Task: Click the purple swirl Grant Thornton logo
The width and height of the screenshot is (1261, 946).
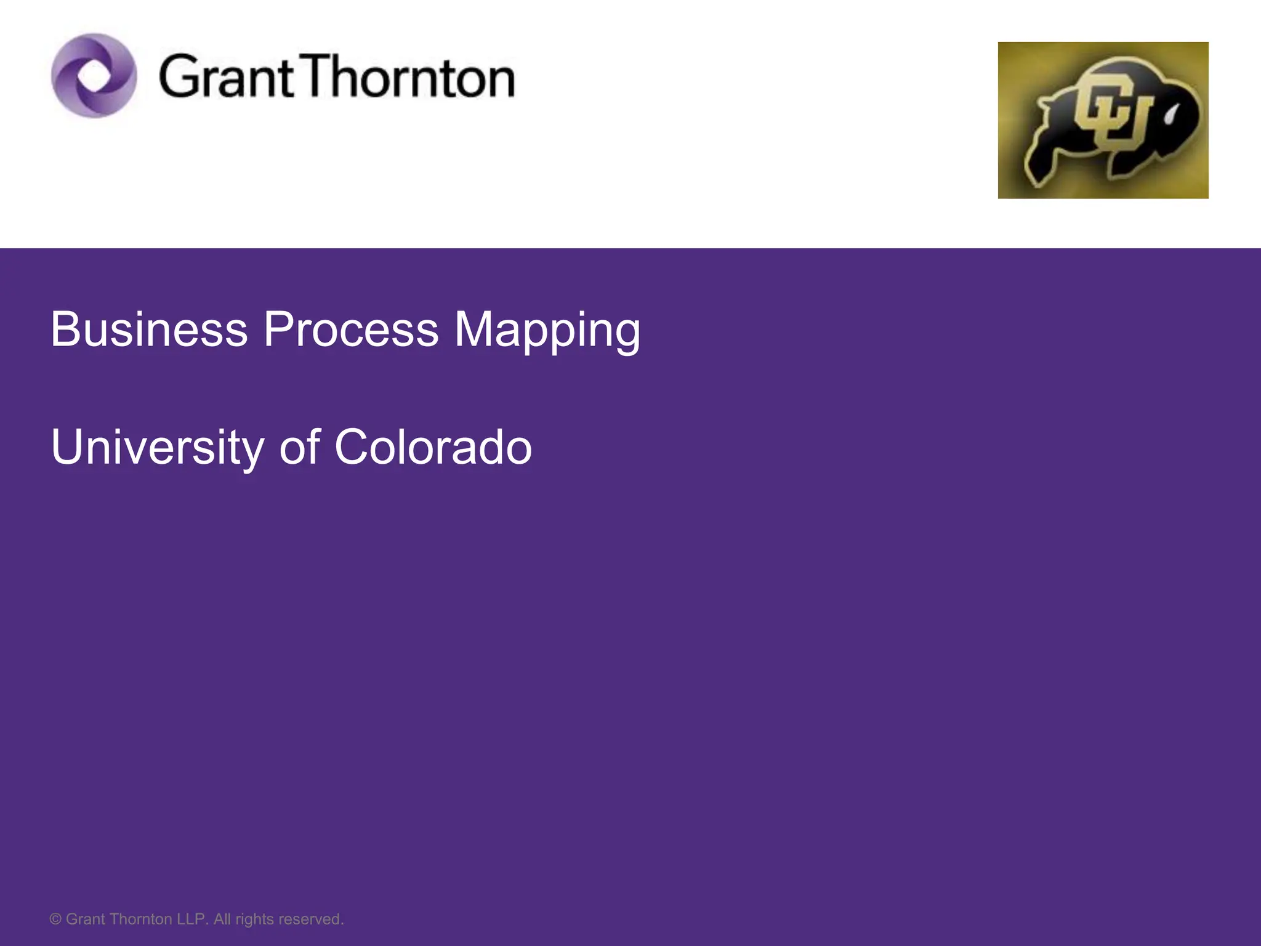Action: pos(94,76)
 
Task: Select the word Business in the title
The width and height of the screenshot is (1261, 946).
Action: pos(149,329)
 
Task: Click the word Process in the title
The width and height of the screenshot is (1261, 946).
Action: pos(351,329)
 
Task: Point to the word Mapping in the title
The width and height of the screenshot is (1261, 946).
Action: pos(547,331)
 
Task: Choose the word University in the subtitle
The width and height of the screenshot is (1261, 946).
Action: pos(158,447)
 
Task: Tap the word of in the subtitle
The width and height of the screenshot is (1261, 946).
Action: pos(300,447)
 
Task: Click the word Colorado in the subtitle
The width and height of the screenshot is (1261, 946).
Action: pos(433,447)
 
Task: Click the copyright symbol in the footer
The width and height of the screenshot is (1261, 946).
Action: pos(55,920)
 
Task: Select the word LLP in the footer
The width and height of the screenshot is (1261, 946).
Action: pos(193,920)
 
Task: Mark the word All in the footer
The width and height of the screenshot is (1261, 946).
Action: pos(222,920)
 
